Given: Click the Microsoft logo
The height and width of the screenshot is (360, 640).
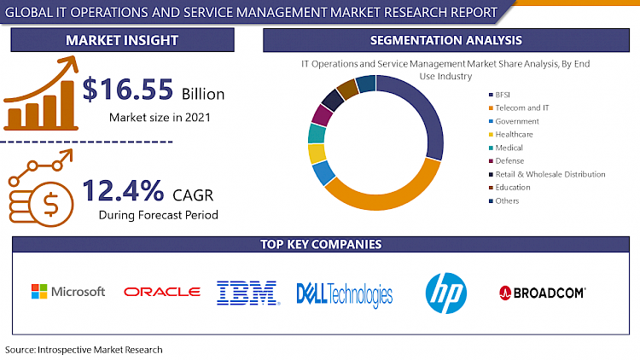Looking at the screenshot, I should (68, 292).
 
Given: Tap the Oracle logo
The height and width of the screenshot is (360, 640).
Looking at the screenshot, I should (161, 292).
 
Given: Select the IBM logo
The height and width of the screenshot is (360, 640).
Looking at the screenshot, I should (248, 293).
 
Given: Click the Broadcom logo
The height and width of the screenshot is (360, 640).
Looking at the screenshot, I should (542, 293).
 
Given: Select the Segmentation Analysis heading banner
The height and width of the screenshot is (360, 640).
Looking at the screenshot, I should (445, 41).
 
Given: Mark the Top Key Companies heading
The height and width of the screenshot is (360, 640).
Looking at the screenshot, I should (320, 245).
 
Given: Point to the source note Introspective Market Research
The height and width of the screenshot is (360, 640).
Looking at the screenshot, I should (84, 350).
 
